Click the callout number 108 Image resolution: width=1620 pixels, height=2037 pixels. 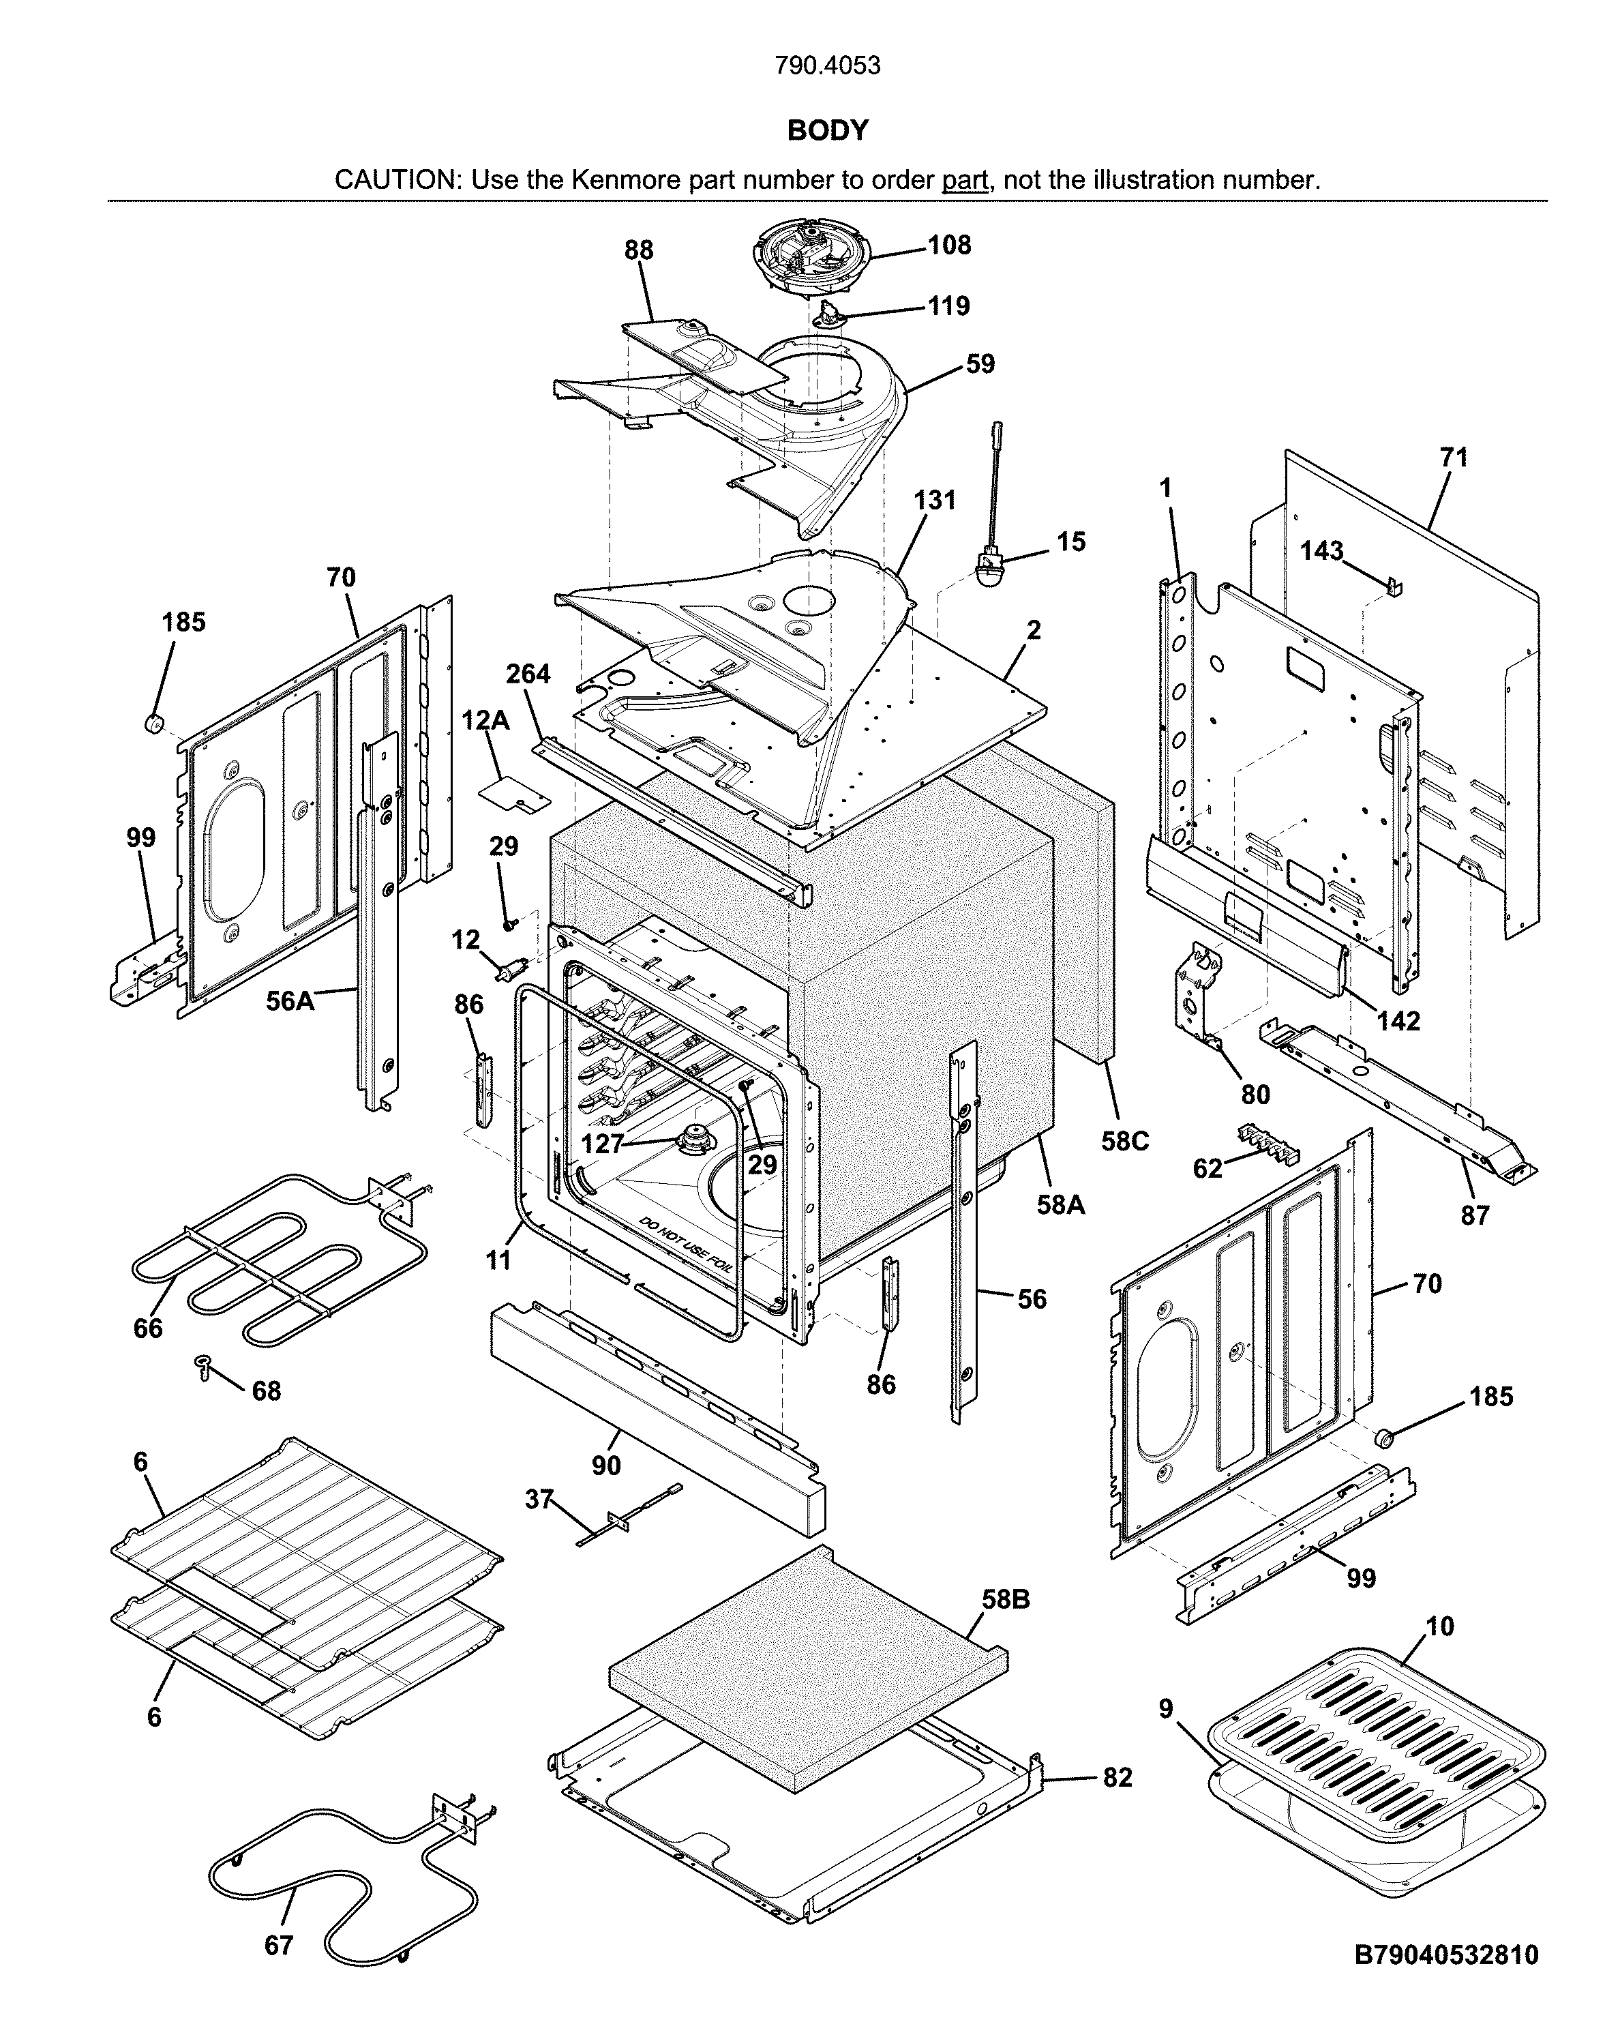point(948,245)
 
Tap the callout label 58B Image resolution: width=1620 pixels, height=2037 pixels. point(1005,1600)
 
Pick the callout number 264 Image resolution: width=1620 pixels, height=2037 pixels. point(527,674)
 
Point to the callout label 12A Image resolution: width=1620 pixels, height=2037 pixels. point(485,721)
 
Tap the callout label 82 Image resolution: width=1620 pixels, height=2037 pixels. point(1117,1777)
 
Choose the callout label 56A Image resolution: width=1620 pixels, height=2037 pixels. point(289,1000)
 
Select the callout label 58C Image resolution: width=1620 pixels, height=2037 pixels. point(1124,1142)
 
